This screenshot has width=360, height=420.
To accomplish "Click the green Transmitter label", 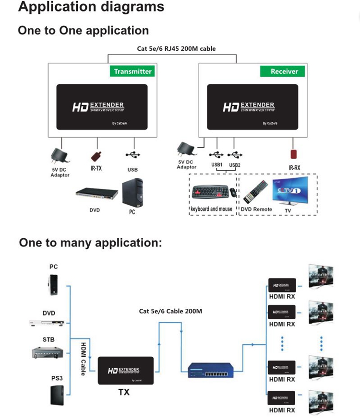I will tap(132, 71).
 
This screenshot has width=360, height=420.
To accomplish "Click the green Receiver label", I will tap(284, 71).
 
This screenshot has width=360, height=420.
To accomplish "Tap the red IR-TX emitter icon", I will tap(97, 157).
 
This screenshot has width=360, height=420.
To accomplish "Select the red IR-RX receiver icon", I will tap(293, 154).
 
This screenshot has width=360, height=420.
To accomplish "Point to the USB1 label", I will tap(217, 165).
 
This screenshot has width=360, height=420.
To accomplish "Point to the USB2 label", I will tap(235, 165).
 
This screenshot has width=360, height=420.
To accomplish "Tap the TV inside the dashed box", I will tap(289, 190).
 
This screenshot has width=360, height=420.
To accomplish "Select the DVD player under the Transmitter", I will tap(96, 195).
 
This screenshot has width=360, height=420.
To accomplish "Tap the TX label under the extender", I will tap(124, 392).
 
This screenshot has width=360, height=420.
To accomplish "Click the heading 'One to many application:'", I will tap(90, 243).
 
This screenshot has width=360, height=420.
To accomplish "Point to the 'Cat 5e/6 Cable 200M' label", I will tap(170, 311).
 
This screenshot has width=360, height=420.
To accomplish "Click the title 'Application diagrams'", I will tap(91, 7).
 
